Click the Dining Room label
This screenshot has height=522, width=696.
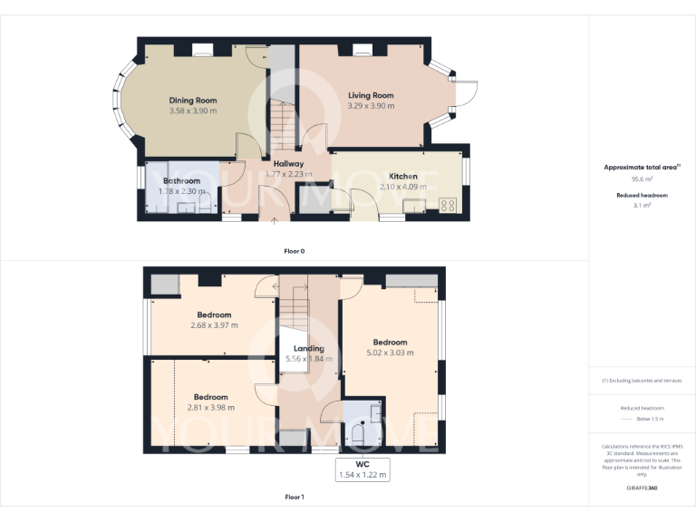(x=193, y=101)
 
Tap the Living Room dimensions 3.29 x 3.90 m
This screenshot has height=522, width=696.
(x=371, y=106)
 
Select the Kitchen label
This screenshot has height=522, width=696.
(x=403, y=176)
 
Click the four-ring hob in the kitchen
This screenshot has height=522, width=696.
(x=447, y=205)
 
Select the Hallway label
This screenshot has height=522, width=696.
(x=288, y=164)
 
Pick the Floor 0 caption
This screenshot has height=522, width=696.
(x=295, y=249)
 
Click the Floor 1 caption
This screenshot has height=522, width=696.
(x=295, y=497)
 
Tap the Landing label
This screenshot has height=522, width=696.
(x=308, y=348)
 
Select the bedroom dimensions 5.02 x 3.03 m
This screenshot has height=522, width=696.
(x=391, y=353)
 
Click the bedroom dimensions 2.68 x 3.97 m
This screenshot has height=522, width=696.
(x=214, y=325)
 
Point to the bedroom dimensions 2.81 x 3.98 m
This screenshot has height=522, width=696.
(x=211, y=408)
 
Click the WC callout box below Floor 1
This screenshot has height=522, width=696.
(x=362, y=469)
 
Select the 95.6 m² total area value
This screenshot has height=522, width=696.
(x=642, y=179)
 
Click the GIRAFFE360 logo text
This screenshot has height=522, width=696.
(x=642, y=488)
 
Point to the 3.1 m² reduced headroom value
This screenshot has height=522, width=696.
(x=642, y=206)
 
